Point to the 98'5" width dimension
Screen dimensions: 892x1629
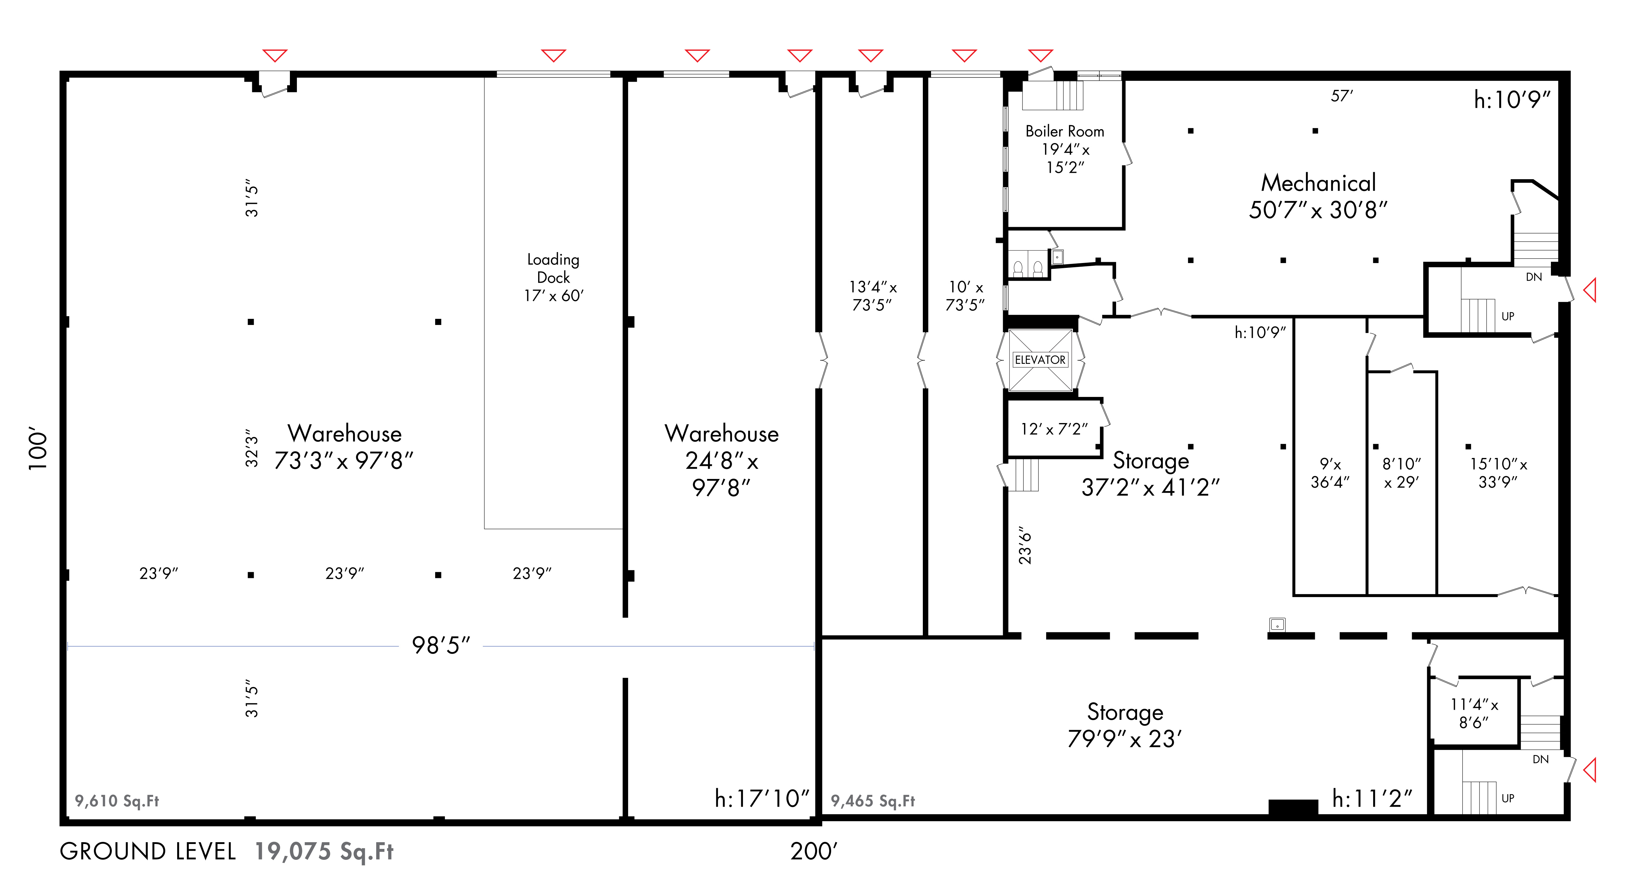point(441,645)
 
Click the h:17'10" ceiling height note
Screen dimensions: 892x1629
point(761,798)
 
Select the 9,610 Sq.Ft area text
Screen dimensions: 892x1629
point(117,801)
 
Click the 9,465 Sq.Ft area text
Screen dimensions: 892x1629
point(873,801)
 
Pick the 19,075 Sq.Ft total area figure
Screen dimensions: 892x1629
point(324,852)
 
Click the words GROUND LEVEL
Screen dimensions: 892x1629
point(148,852)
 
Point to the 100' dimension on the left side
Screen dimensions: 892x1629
point(38,451)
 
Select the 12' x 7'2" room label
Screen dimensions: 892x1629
point(1053,429)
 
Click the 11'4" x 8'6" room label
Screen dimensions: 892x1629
point(1474,713)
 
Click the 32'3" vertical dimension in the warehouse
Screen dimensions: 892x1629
point(252,448)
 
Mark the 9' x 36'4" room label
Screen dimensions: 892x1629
point(1330,473)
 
